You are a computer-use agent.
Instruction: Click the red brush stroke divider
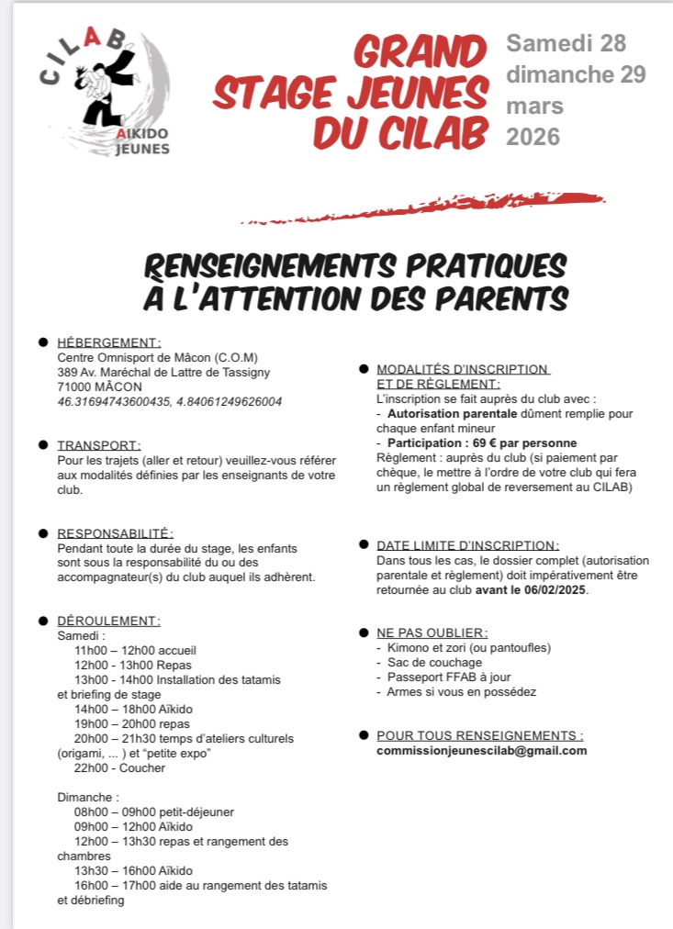[x=422, y=208]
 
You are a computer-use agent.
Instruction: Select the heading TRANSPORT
[x=98, y=445]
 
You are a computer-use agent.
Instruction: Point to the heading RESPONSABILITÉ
[x=115, y=533]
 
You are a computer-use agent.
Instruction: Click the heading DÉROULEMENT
[x=108, y=621]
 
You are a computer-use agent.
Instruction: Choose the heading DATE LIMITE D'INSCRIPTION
[x=466, y=545]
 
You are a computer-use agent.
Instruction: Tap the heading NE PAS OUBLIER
[x=432, y=633]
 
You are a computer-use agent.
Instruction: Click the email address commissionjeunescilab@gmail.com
[x=481, y=750]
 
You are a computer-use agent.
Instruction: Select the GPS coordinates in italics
[x=169, y=401]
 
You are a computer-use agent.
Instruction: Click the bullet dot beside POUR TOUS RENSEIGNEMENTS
[x=365, y=736]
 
